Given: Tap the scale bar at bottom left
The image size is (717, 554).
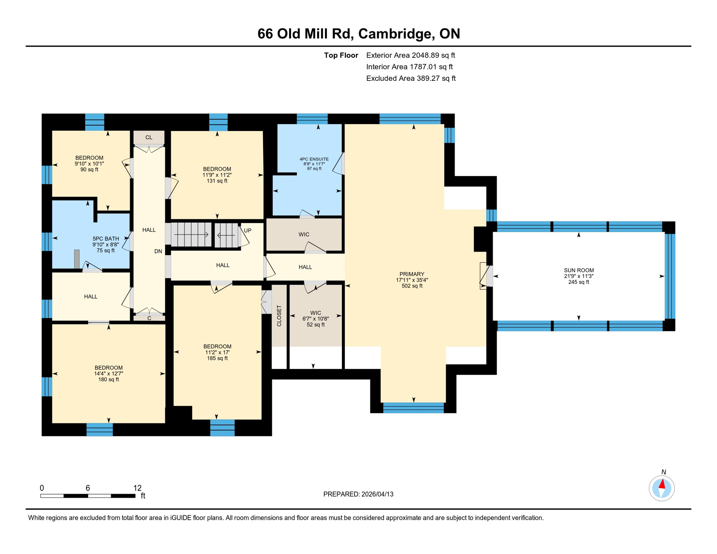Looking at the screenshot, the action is pos(88,496).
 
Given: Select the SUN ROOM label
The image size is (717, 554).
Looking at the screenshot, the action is pos(579,276).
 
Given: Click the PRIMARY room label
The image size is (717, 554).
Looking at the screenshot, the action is pos(412,280).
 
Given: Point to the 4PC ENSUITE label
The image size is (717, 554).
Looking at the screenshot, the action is pos(314,164).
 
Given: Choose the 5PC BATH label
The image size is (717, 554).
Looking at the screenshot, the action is pos(106,245).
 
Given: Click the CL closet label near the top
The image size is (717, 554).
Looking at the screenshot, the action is pos(149,137).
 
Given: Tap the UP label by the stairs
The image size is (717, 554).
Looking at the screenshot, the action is pos(247,230).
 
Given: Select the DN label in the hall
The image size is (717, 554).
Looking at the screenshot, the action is pos(158,251).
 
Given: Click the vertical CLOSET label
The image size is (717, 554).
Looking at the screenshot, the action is pos(279,316).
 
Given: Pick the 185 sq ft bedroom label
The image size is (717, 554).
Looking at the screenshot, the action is pos(217,352).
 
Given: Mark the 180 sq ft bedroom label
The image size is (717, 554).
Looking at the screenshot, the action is pos(109,373).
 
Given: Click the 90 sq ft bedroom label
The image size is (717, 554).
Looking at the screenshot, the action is pos(89,163).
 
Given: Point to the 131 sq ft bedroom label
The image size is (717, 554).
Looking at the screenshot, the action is pos(217,175).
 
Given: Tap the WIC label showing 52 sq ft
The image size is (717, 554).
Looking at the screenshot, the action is pos(316,319).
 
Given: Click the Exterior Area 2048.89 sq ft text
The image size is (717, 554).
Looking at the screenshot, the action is pos(410,55).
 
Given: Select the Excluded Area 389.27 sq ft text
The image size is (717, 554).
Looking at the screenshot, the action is pos(411,78).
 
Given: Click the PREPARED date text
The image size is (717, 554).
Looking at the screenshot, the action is pos(358,494).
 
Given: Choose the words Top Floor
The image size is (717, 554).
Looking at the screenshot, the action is pos(341,55).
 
